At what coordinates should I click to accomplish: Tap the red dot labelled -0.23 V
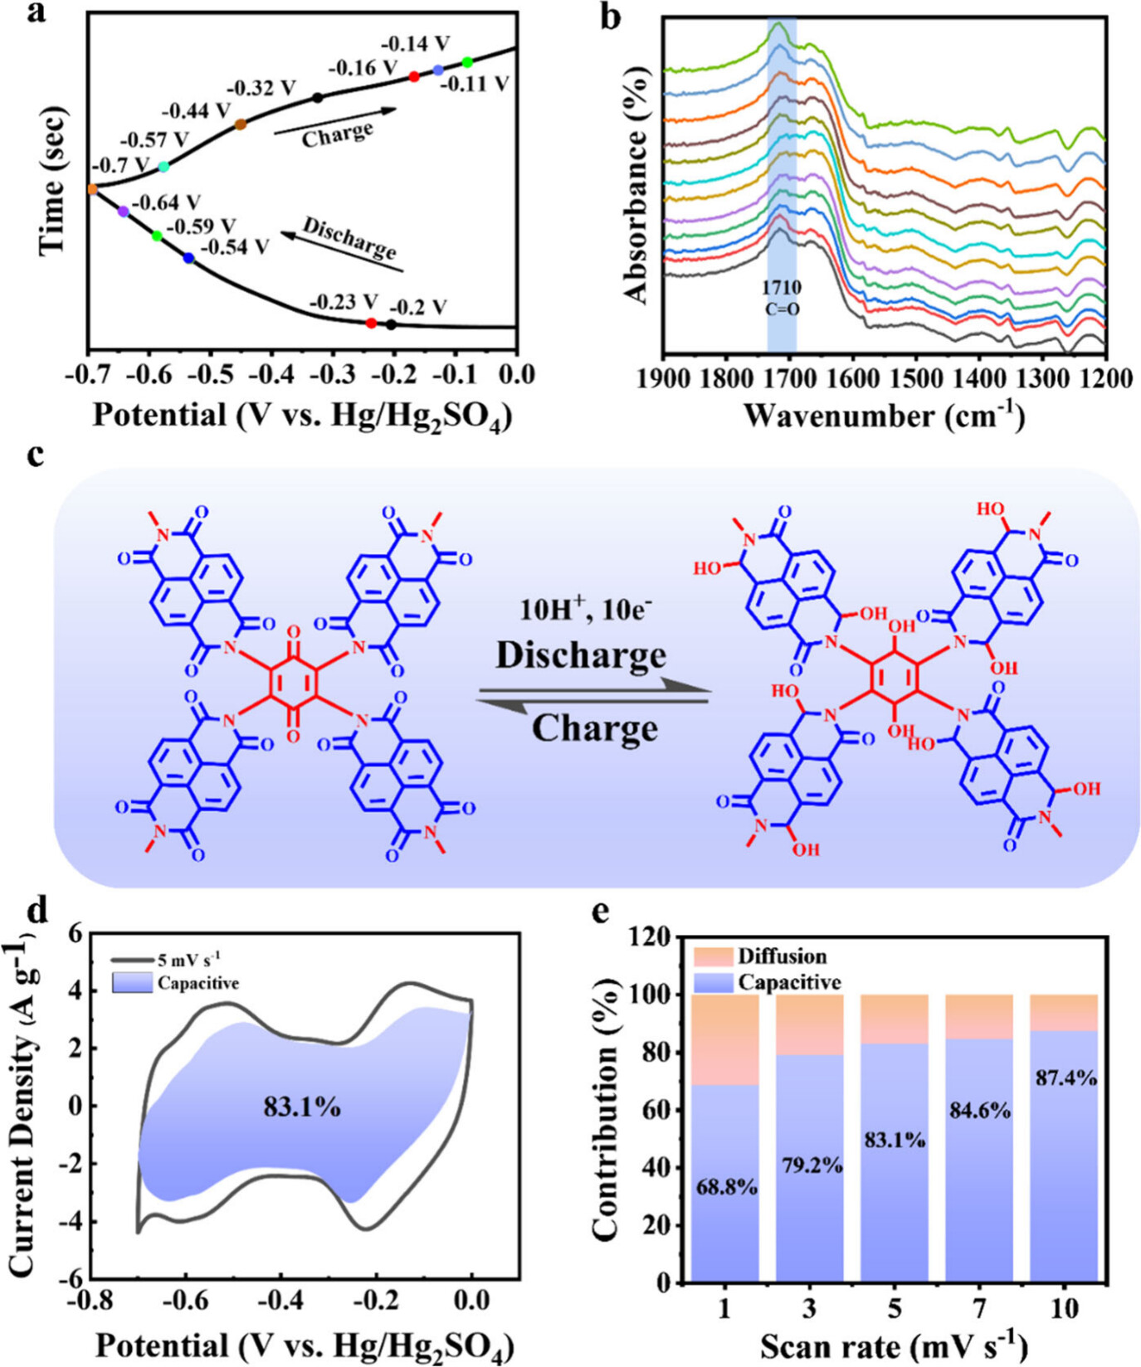(371, 323)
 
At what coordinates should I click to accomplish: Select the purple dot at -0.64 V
(124, 212)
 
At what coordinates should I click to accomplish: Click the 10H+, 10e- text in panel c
(585, 609)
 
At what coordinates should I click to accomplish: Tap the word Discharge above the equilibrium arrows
(581, 654)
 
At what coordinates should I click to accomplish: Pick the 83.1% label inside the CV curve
(302, 1107)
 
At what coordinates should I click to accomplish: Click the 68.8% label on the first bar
(725, 1187)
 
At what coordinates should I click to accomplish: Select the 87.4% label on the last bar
(1065, 1078)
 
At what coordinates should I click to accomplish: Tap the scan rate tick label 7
(979, 1308)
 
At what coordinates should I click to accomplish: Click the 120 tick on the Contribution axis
(654, 938)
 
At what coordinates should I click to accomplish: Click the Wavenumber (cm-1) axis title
(883, 414)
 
